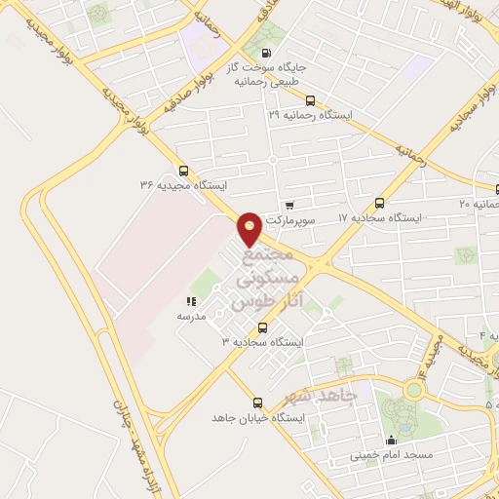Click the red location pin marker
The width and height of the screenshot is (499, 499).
(250, 228)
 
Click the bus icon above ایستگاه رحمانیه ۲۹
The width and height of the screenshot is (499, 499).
(310, 100)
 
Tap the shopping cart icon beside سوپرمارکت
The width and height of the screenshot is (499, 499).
(289, 206)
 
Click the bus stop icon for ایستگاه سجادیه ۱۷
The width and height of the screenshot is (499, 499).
(380, 203)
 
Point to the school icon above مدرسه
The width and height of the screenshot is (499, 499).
(191, 302)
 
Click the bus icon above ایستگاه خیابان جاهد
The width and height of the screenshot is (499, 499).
(257, 403)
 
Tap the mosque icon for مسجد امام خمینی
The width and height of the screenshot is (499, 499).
(392, 440)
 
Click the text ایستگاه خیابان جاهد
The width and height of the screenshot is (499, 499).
(258, 417)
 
